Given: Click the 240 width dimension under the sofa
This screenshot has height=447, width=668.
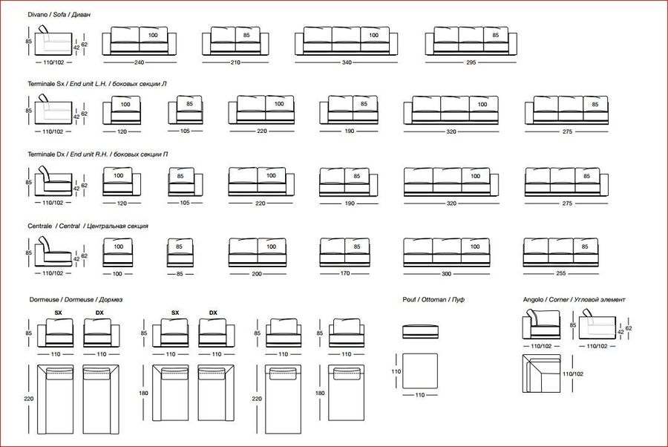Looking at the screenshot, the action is pos(140,62).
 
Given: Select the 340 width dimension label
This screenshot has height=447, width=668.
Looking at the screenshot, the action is pos(347,62).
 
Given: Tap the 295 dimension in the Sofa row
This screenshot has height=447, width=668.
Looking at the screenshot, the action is pos(471,62).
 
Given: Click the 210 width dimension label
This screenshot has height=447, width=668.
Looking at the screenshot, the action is pos(235,62).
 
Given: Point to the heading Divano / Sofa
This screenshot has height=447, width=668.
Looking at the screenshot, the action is pos(59,15).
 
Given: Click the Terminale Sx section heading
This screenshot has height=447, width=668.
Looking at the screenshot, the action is pos(96,84).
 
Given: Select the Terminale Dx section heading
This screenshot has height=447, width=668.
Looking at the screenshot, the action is pos(97,154).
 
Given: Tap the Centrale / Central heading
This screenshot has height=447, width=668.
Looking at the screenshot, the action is pos(88,226).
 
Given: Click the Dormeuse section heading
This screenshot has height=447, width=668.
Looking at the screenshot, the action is pos(76,299).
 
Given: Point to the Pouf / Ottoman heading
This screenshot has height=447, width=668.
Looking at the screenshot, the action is pos(433,299).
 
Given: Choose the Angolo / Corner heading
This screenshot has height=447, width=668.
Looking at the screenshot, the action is pos(574,299).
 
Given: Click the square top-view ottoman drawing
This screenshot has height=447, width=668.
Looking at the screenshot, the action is pos(420,371).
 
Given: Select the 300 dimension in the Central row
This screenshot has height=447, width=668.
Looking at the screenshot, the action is pos(446,273).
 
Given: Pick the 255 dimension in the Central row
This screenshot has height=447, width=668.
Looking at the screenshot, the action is pos(560,273).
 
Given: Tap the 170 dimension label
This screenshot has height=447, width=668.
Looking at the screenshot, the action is pos(345,273).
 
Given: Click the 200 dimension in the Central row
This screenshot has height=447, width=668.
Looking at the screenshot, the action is pos(257,273).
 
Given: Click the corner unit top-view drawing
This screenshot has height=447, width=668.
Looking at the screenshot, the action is pos(542,373).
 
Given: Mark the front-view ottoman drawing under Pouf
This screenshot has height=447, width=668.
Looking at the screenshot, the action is pos(421,331).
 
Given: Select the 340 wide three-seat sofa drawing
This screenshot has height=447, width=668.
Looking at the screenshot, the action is pos(346,41).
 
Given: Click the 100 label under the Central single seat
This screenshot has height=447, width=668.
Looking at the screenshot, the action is pos(117,273).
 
